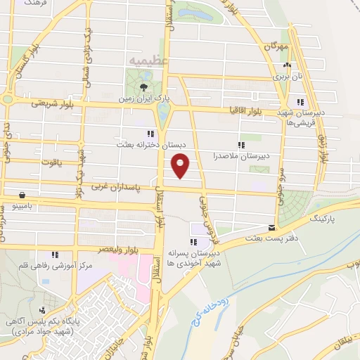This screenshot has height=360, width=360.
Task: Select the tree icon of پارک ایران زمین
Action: click(143, 87)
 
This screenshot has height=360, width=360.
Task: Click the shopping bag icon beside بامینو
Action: click(23, 195)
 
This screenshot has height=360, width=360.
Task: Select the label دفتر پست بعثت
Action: click(265, 238)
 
